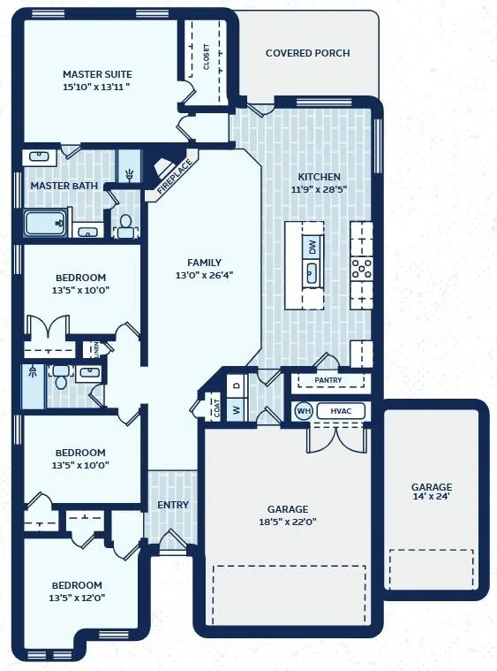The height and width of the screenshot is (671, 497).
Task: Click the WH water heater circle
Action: (x=304, y=411)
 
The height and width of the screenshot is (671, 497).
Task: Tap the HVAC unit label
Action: (x=341, y=411)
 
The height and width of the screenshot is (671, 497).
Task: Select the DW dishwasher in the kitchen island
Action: (x=313, y=247)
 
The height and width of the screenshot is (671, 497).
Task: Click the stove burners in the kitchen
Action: (x=362, y=269)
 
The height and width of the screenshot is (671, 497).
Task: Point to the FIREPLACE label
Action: (x=175, y=177)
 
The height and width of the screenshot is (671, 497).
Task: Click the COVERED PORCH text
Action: (x=308, y=53)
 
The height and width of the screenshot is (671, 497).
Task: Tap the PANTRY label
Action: (x=328, y=380)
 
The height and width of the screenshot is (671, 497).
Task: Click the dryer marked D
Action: (x=237, y=385)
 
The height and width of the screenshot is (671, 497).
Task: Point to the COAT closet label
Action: (x=217, y=408)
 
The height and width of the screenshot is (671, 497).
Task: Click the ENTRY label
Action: (x=173, y=505)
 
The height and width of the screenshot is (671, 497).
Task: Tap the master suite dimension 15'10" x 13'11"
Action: (x=96, y=87)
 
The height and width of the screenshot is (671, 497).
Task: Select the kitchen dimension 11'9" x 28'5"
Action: (x=319, y=189)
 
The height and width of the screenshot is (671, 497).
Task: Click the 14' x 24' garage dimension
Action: (x=432, y=497)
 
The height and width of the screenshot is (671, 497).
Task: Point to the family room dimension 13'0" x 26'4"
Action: (x=204, y=275)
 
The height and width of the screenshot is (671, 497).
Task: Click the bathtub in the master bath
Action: (x=45, y=223)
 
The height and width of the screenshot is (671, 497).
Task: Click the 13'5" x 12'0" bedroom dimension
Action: (x=77, y=598)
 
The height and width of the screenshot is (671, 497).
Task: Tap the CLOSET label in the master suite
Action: (x=207, y=57)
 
